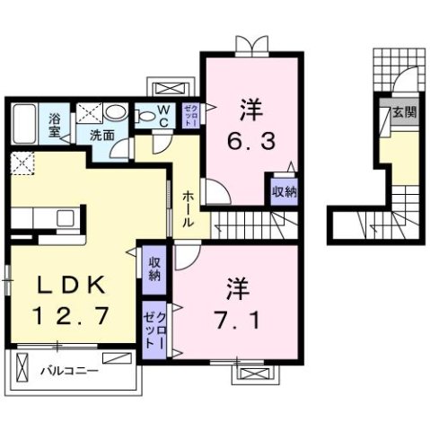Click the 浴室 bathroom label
coord(56,124)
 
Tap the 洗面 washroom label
coord(101,136)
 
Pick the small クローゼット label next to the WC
coord(191,117)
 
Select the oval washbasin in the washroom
coord(115,112)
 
